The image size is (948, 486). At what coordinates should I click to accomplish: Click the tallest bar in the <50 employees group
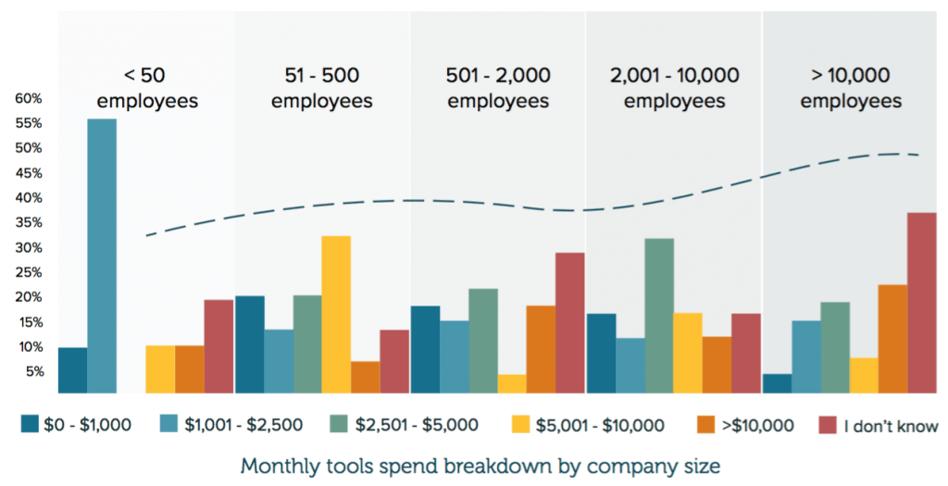pos(102,255)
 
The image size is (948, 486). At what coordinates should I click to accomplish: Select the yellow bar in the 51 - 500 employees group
pos(336,315)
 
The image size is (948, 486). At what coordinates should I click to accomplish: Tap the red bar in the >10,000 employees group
pos(922,303)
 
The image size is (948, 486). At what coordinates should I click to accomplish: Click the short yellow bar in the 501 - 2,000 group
pos(512,384)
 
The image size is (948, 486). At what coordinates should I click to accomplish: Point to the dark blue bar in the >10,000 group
pos(776,384)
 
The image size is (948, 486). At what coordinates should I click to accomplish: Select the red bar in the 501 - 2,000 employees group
pos(570,323)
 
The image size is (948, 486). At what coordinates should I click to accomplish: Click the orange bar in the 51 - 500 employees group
pos(365,378)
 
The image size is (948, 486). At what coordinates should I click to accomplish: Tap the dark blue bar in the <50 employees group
pos(72,370)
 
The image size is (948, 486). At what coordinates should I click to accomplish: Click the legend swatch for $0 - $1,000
pos(31,425)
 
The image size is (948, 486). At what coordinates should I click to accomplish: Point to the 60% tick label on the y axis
pos(28,98)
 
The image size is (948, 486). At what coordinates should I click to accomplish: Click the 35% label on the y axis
pos(28,222)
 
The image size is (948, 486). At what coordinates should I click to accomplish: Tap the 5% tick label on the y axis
pos(31,371)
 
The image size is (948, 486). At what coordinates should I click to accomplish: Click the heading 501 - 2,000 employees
pos(498,88)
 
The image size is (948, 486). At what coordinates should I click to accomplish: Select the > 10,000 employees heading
pos(850,88)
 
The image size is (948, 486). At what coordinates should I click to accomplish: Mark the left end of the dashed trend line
pos(147,235)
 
